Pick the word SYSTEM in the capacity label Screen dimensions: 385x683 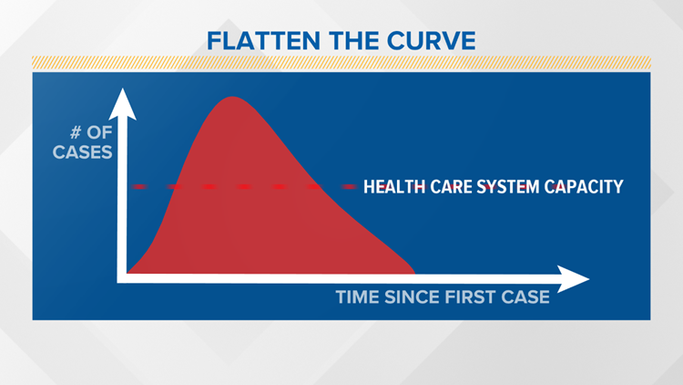(x=515, y=187)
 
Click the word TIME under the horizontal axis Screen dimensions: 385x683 (x=357, y=297)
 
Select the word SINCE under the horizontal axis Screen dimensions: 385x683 (x=411, y=297)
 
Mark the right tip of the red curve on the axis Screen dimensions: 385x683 (x=414, y=272)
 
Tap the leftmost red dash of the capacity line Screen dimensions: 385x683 (x=139, y=186)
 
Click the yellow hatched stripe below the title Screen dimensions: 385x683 (x=341, y=62)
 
